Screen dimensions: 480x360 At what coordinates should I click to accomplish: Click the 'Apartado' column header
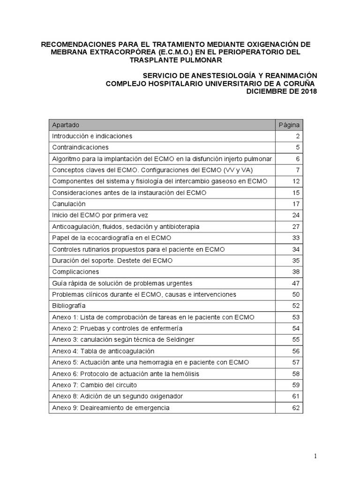click(x=66, y=125)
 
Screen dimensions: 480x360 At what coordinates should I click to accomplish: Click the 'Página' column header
click(x=289, y=125)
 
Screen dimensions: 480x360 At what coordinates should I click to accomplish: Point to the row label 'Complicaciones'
click(x=75, y=272)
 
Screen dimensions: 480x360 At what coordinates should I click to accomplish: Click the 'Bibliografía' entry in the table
click(x=69, y=306)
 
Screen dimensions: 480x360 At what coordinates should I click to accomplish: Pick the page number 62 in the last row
click(x=295, y=408)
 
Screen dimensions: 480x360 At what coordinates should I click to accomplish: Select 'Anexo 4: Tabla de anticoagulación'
click(x=103, y=351)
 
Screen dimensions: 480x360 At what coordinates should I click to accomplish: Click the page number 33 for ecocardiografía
click(x=295, y=238)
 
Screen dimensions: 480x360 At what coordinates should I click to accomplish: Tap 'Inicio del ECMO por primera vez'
click(x=100, y=215)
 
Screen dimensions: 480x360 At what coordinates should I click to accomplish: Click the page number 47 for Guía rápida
click(x=295, y=283)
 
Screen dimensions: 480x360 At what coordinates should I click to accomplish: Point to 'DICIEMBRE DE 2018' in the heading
click(x=281, y=91)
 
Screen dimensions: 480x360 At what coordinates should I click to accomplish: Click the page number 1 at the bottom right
click(x=315, y=456)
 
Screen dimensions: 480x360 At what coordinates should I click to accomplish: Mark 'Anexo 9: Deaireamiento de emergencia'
click(x=111, y=408)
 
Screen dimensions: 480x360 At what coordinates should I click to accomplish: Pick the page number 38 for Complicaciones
click(x=295, y=272)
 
